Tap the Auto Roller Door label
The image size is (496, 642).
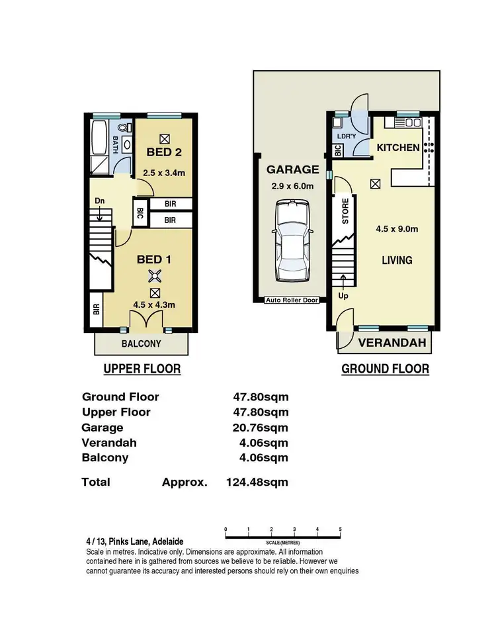[x=292, y=300]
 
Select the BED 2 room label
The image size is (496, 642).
[x=163, y=152]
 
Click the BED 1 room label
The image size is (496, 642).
[x=154, y=259]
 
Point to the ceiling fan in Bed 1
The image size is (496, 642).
[x=155, y=277]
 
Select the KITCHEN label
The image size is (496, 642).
[x=398, y=147]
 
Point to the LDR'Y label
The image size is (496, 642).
[x=347, y=136]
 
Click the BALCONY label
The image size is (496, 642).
[x=141, y=344]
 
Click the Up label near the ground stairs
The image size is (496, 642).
[x=344, y=297]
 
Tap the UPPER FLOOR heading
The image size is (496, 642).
[x=142, y=369]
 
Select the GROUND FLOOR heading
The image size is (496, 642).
[x=385, y=369]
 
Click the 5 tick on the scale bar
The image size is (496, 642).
[x=340, y=529]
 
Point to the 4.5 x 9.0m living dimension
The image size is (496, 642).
[x=397, y=230]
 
